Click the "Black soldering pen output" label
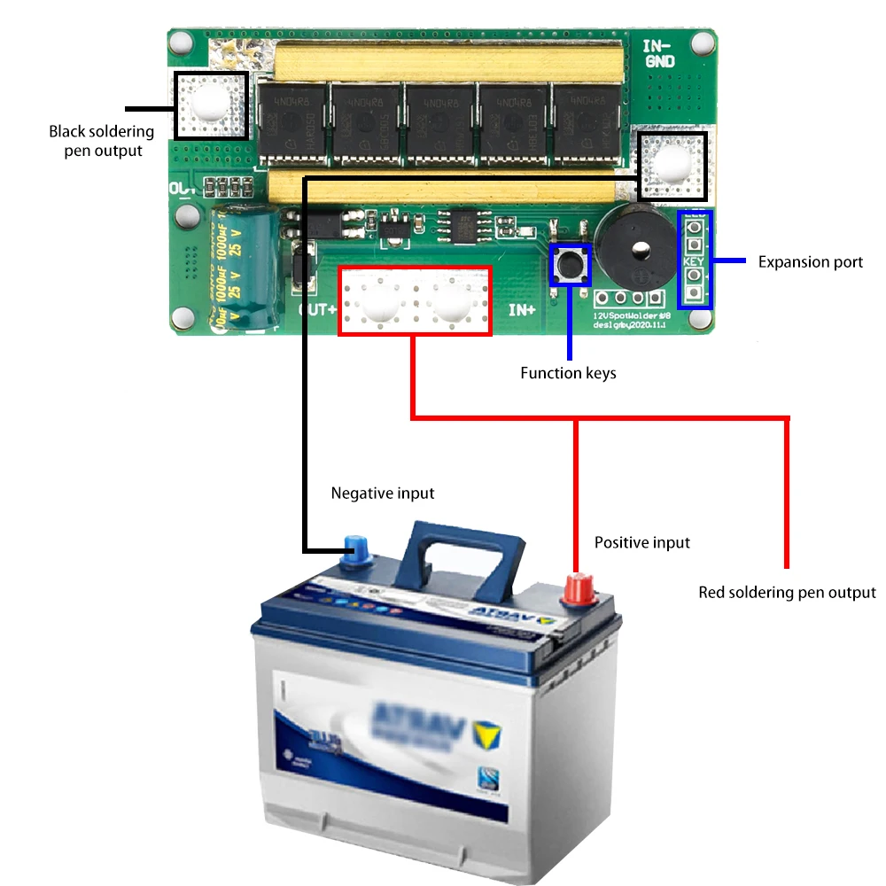(101, 141)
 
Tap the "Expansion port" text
(810, 262)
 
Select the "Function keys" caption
(568, 373)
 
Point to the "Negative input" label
(383, 493)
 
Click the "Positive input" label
(641, 542)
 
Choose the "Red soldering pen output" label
(787, 592)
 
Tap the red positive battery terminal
(579, 588)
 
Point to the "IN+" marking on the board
(521, 311)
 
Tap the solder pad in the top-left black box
(209, 105)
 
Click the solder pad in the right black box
(672, 166)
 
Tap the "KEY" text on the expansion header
(694, 262)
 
